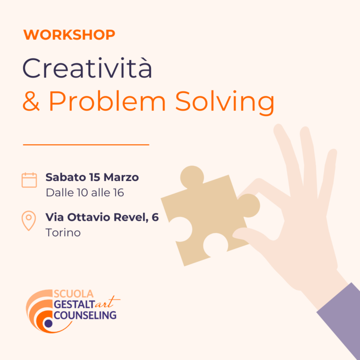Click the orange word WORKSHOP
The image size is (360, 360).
pos(69,35)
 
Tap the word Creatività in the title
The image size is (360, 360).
pos(87,68)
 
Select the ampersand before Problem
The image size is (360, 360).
pos(31,101)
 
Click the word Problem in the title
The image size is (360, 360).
pos(107,101)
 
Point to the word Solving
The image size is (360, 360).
pos(225,103)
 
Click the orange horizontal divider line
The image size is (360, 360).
pos(86,145)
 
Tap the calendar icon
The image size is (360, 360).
pos(29,180)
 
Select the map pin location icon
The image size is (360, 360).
pos(29,220)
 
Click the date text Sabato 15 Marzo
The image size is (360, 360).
pos(92,177)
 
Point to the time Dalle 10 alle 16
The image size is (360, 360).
pos(85,193)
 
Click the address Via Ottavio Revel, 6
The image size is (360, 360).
pos(102,217)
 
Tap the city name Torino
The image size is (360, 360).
pos(63,232)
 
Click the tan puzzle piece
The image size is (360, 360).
pos(210,216)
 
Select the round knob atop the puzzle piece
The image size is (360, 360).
pos(192,177)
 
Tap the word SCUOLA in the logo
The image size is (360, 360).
pos(74,294)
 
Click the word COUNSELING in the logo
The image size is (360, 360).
pos(85,315)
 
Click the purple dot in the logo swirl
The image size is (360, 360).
pos(48,323)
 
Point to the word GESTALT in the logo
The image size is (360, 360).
pos(74,304)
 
